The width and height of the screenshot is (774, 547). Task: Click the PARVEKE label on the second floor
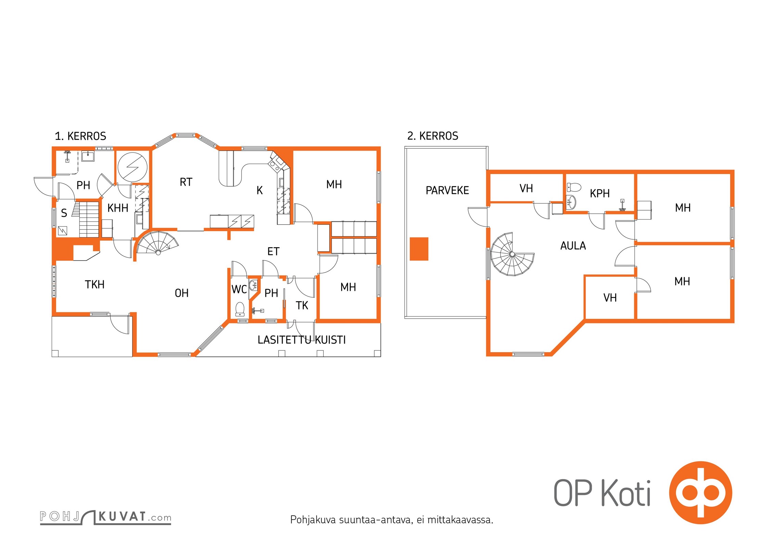pos(447,190)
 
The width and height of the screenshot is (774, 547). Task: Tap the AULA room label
pos(573,246)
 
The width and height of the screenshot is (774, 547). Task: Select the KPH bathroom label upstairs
pos(599,194)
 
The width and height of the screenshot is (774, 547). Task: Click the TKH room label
pos(94,284)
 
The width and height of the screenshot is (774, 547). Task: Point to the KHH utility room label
pos(118,208)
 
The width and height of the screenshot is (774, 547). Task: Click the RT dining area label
pos(186,182)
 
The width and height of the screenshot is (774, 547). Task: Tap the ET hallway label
pos(273,252)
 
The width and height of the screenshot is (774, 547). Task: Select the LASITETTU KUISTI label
pos(301,340)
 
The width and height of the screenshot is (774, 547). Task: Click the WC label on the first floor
pos(239,289)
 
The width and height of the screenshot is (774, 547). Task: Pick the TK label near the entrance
pos(302,305)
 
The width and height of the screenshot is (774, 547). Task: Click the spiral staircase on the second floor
pos(512,254)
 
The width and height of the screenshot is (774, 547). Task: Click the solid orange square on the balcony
pos(419,249)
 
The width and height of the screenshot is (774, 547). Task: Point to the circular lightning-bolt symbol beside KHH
pos(132,167)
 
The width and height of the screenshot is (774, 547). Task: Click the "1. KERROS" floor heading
pos(80,136)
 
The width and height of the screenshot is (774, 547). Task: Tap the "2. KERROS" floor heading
pos(433,136)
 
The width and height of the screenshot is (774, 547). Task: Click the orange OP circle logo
pos(700,493)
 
